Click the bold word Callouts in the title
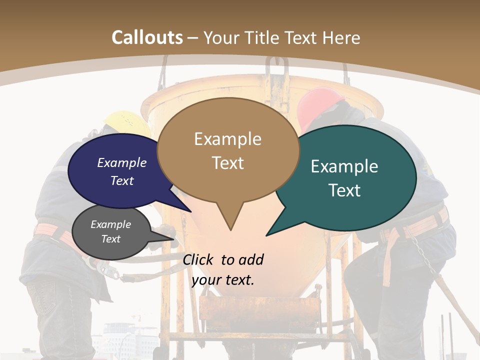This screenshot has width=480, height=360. pos(147,37)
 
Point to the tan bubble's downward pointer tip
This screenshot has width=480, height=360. pos(230,229)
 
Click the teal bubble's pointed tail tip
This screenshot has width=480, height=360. pos(267,234)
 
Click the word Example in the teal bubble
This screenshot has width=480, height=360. pos(344,166)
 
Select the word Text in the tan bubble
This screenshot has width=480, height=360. pos(228,163)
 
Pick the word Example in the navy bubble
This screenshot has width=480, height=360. pos(122,162)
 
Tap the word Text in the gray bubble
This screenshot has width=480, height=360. pos(111,239)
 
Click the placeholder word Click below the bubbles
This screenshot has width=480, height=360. pos(199,259)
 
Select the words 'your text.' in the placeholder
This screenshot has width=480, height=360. pos(223,280)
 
